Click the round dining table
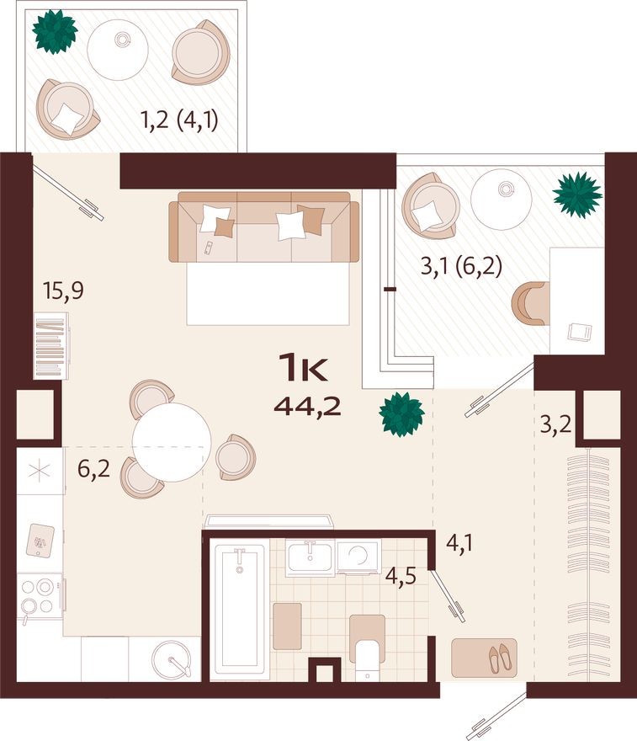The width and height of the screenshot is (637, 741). pyautogui.click(x=172, y=442)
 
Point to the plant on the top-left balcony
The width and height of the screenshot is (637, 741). pyautogui.click(x=55, y=30)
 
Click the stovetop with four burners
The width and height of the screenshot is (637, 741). pyautogui.click(x=39, y=596)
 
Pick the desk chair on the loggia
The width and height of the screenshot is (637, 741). pyautogui.click(x=529, y=302)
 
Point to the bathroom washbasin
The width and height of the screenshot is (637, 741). pyautogui.click(x=310, y=557)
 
